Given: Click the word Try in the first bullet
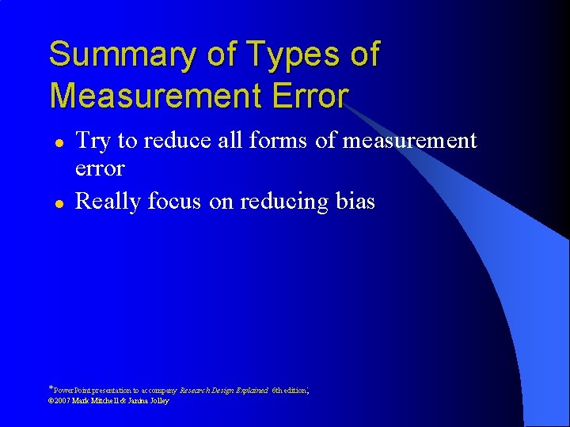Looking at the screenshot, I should [x=93, y=142].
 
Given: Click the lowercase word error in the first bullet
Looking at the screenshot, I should [x=100, y=168].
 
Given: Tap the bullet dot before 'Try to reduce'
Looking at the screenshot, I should [x=59, y=142].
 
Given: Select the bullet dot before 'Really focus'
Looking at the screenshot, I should [x=59, y=202].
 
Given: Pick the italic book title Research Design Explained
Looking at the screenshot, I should [x=224, y=391].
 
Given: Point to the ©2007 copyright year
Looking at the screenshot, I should [x=59, y=401].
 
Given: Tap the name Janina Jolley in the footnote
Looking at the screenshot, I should [x=146, y=401].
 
